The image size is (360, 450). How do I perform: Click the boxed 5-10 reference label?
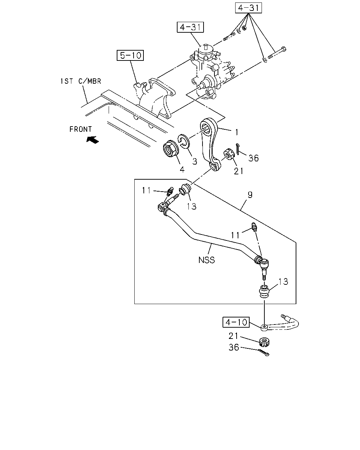tap(130, 55)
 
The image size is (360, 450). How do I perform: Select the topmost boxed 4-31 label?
tap(248, 8)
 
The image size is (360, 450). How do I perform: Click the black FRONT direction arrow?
tap(93, 140)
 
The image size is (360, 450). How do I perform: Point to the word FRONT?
tap(81, 129)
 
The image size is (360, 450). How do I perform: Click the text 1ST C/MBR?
tap(81, 81)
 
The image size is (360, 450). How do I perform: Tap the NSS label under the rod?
tap(206, 260)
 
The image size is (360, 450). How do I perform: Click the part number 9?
tap(250, 195)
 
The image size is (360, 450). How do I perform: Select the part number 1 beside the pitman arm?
tap(237, 132)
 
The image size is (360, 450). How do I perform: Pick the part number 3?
tap(194, 161)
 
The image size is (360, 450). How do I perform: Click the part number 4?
tap(182, 169)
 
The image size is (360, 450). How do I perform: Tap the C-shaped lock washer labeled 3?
tap(184, 142)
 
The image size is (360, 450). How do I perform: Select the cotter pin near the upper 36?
tap(237, 149)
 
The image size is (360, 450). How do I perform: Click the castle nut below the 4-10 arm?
tap(264, 342)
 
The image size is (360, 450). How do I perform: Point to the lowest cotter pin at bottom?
tap(264, 353)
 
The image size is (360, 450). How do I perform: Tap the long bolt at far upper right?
tap(277, 52)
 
